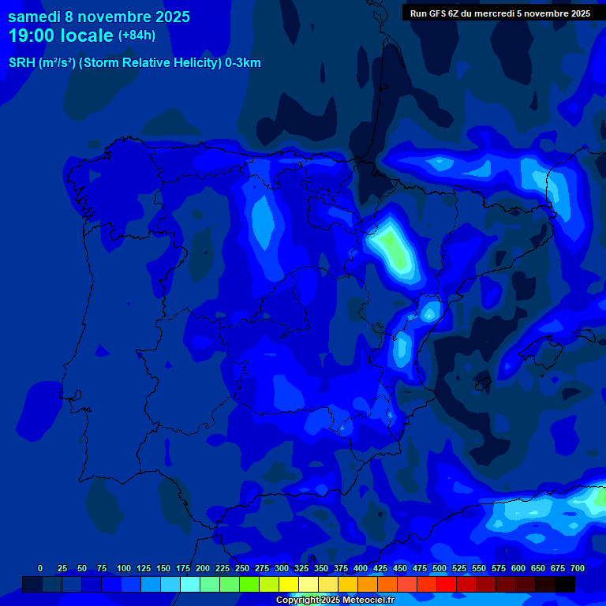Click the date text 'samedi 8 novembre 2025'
99,17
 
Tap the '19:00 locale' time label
61,36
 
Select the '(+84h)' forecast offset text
137,36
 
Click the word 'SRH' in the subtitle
21,63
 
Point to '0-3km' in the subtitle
243,63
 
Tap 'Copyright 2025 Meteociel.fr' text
335,600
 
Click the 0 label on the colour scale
40,568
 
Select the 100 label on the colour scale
124,568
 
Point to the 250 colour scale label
242,568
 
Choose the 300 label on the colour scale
282,568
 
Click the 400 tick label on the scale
361,568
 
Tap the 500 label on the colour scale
440,568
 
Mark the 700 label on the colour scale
578,568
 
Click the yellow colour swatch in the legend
289,585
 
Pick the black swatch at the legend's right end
565,585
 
